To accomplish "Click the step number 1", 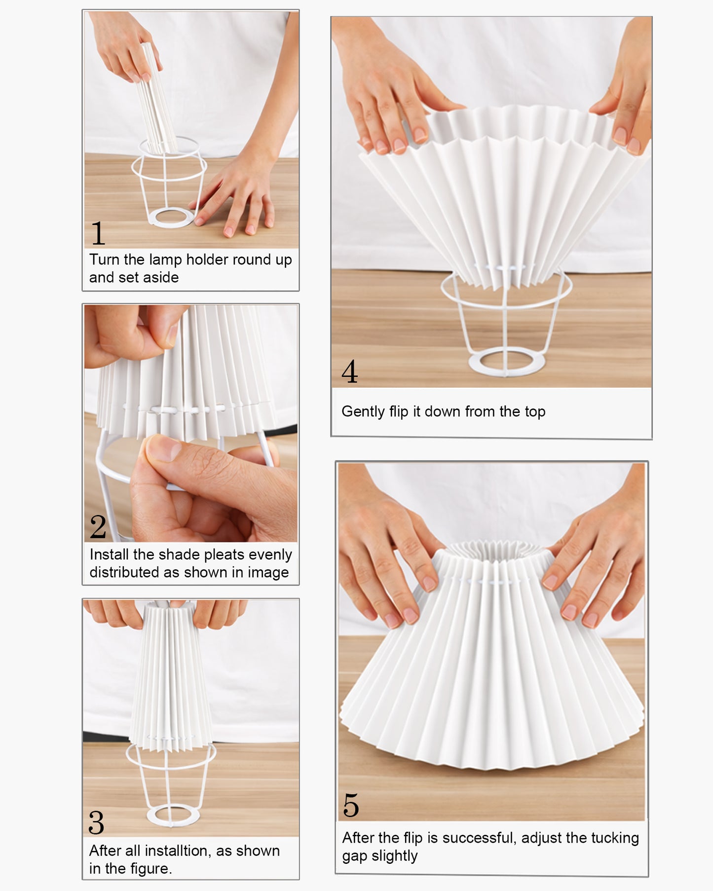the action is click(x=98, y=233).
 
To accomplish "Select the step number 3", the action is click(x=96, y=822).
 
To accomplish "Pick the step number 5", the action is click(x=351, y=806).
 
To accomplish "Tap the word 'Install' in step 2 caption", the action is click(x=110, y=555).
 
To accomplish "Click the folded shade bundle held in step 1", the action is click(x=156, y=99).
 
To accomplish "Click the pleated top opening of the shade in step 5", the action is click(x=491, y=550).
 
